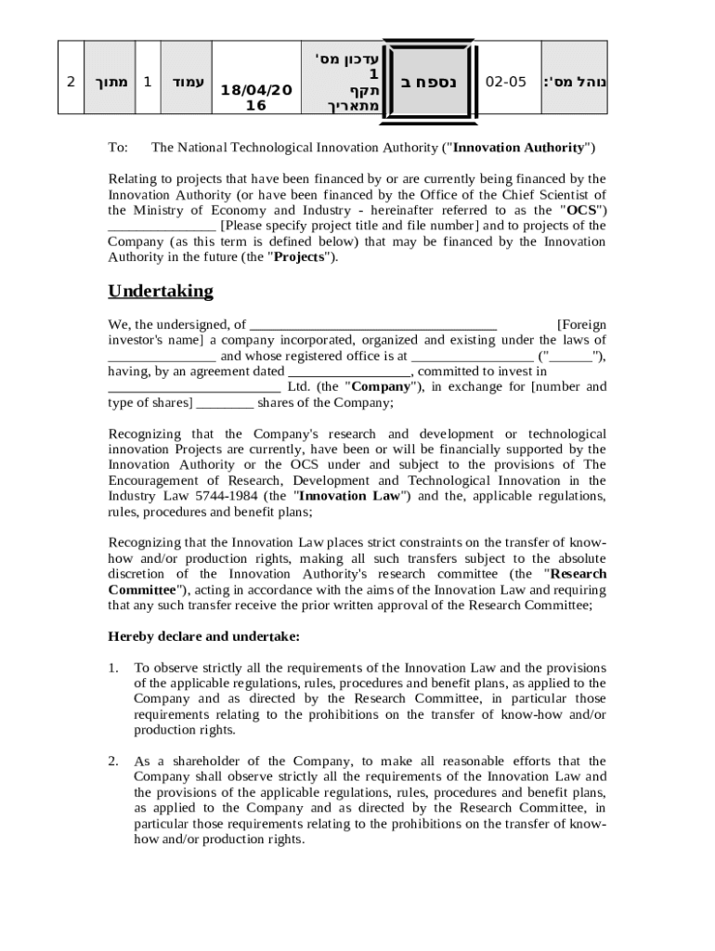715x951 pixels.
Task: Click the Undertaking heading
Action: tap(161, 291)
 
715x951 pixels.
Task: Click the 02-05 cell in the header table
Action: tap(506, 82)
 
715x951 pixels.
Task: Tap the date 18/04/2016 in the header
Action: tap(255, 98)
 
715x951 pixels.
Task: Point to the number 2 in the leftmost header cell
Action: tap(71, 82)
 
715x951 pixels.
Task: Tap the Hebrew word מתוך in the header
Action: tap(110, 82)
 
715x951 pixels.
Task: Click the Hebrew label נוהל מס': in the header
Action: tap(575, 82)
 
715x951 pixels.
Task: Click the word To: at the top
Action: tap(117, 148)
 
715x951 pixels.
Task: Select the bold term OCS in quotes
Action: tap(581, 210)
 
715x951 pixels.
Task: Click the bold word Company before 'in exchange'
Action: tap(380, 386)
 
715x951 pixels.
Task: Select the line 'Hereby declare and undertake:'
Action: tap(204, 637)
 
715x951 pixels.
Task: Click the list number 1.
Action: tap(113, 668)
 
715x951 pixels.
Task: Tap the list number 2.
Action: tap(113, 762)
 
